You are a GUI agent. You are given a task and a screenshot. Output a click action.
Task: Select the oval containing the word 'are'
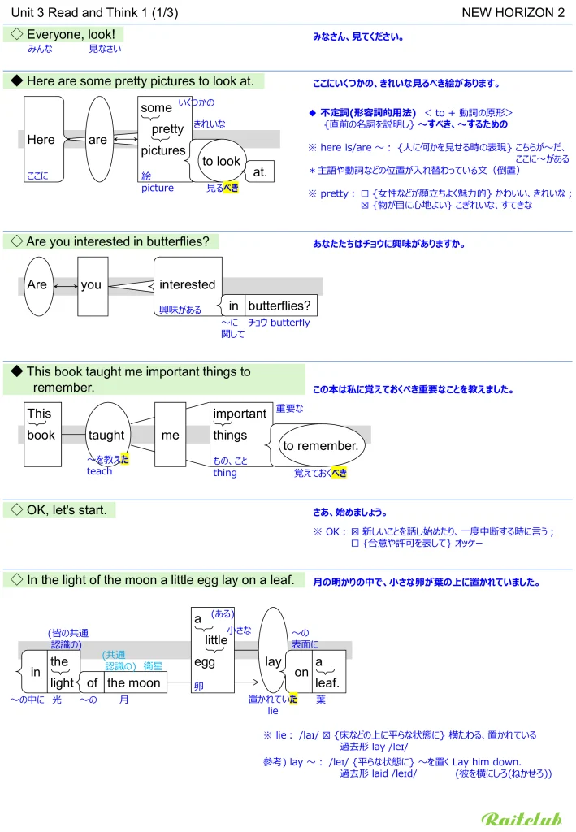98,140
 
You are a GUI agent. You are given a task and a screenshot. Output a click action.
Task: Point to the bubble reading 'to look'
220,161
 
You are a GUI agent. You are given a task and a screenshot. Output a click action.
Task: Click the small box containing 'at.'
260,172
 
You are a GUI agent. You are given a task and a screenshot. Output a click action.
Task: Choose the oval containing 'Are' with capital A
37,285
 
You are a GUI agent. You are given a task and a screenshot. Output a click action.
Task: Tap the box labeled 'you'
92,285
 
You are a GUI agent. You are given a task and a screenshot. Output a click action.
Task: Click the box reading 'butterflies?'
279,305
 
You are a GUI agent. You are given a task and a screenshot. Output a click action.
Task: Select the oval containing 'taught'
106,435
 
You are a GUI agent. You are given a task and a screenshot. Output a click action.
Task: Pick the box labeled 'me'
170,435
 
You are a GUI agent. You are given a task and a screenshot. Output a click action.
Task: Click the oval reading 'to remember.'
320,446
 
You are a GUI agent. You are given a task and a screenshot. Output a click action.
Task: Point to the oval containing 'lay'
273,661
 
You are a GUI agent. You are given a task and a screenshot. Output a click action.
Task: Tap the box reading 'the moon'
134,683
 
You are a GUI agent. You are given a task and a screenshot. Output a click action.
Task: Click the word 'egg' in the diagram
205,662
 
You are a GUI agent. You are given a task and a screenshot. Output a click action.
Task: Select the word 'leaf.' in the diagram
327,683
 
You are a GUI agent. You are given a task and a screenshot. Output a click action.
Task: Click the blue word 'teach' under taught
99,471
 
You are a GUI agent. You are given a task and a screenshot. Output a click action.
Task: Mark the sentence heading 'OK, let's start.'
71,510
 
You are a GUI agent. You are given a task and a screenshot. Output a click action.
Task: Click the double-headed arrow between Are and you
65,286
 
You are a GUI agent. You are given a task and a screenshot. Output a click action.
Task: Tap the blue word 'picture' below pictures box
158,188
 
